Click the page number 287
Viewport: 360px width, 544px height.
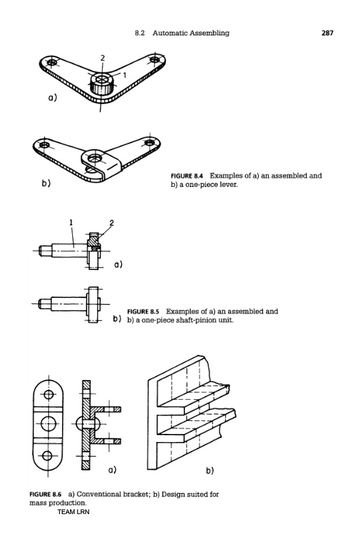(327, 33)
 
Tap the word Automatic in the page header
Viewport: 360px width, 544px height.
(168, 33)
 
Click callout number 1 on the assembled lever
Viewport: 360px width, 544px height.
(125, 75)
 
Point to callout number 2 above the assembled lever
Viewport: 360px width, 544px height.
(102, 58)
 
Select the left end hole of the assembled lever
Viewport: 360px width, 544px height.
(52, 63)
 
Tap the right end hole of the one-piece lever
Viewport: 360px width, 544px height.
(149, 142)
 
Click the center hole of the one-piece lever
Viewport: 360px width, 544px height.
(95, 158)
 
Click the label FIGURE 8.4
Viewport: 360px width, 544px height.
(186, 175)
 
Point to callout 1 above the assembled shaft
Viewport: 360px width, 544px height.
(71, 222)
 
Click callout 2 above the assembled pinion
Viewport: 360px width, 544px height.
(112, 223)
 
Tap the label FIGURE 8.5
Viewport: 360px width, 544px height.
(143, 311)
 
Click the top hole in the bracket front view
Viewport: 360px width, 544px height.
(48, 394)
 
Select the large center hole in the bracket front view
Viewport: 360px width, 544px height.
(48, 423)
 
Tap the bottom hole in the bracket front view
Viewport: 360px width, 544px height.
(48, 456)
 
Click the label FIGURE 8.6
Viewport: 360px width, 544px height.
(46, 494)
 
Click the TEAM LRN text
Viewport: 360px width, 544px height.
(73, 512)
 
